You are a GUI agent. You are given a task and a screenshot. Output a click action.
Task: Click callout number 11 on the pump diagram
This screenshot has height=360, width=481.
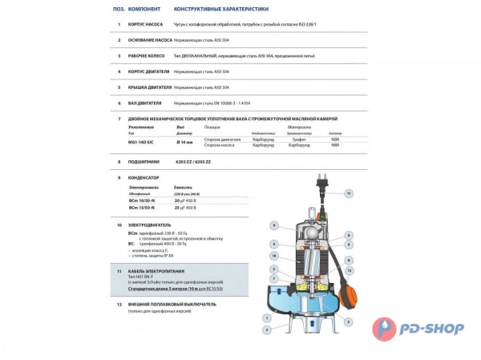(x=348, y=193)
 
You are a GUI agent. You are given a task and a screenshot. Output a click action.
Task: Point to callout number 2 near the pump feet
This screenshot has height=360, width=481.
(x=266, y=329)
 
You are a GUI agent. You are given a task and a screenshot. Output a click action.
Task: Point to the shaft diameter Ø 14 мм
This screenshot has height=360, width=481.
(x=185, y=141)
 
